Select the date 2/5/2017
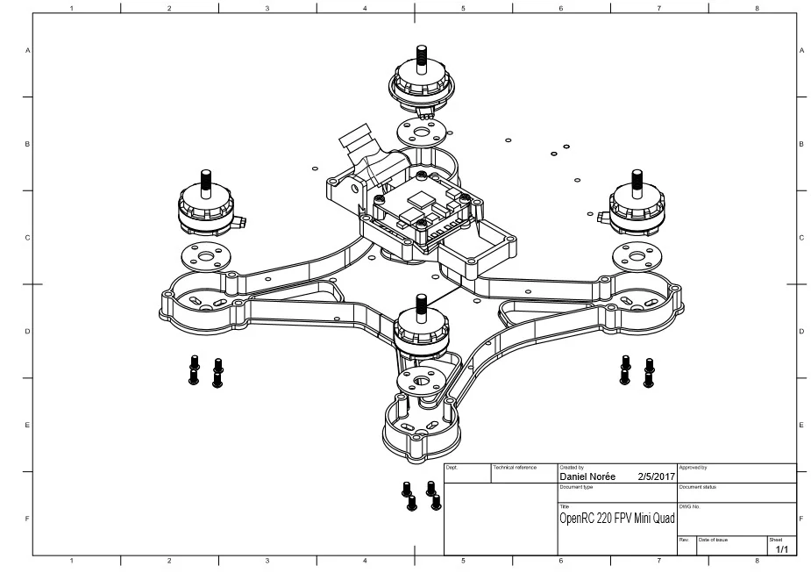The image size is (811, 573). click(x=657, y=477)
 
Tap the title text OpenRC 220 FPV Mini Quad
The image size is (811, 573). click(x=617, y=519)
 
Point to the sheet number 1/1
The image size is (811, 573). click(x=780, y=549)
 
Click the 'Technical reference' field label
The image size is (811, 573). click(x=515, y=468)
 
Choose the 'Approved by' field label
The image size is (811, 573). click(x=693, y=468)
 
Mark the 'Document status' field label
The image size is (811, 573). click(x=699, y=486)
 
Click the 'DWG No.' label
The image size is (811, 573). click(x=689, y=506)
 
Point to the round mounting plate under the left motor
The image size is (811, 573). click(x=205, y=257)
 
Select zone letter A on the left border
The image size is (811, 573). click(x=27, y=51)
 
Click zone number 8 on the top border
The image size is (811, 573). click(x=756, y=8)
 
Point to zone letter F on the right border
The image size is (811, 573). click(x=801, y=519)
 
